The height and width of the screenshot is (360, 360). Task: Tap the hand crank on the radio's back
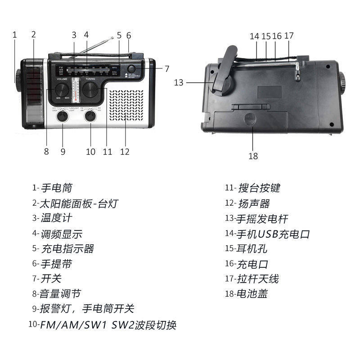coord(223,74)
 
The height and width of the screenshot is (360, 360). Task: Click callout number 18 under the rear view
coord(253,156)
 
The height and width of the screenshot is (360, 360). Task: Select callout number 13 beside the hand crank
coord(179,82)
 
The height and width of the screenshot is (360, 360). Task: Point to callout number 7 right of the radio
coord(166,69)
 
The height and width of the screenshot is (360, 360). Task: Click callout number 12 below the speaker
coord(125,152)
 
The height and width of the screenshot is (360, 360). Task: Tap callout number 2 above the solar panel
coord(34,34)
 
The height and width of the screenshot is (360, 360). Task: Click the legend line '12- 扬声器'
coord(247,204)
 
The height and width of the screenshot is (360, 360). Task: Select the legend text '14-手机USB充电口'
coord(268,234)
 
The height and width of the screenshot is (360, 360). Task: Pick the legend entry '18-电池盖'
coord(247,294)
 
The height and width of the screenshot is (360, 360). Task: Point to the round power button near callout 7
coord(132,68)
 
